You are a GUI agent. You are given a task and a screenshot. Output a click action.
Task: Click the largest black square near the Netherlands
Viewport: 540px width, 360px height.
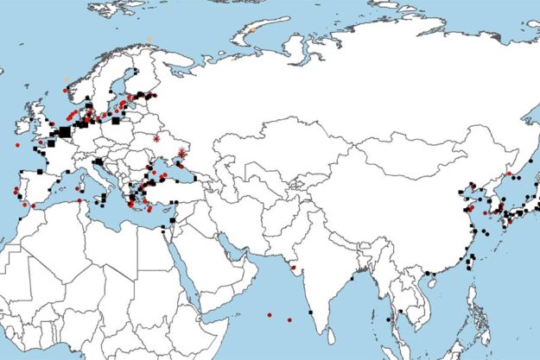pos(65,131)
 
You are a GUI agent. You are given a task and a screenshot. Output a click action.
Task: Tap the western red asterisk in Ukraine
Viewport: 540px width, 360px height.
pos(156,138)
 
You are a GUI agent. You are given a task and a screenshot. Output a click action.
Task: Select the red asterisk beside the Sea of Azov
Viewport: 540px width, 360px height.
pos(181,153)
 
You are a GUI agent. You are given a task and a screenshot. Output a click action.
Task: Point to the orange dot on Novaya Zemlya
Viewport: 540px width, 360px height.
pos(253,31)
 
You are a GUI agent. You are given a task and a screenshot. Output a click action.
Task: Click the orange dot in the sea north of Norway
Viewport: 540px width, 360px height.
pos(149,38)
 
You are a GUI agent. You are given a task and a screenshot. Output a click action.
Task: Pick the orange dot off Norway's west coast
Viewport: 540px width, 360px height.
pos(66,79)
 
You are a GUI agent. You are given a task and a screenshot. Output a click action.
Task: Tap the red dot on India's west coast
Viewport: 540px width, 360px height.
pos(295,268)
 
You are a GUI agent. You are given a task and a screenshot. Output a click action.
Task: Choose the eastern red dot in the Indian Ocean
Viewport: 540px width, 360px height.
pos(289,320)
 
